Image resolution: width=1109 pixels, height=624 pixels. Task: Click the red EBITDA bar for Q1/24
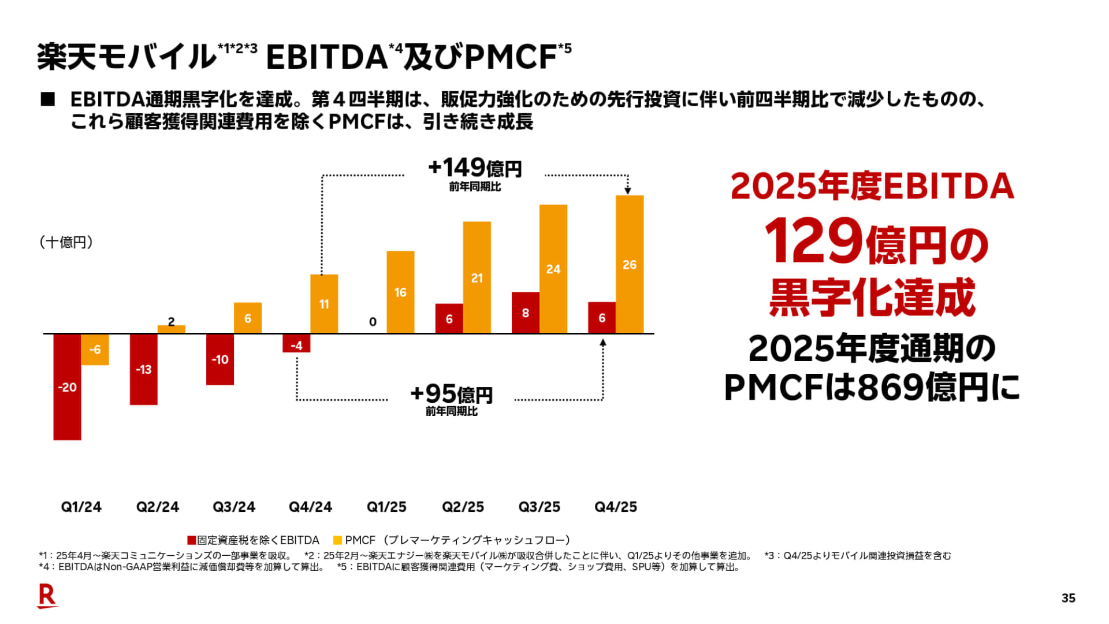pyautogui.click(x=67, y=387)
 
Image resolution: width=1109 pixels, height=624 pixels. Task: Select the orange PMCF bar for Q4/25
pyautogui.click(x=630, y=264)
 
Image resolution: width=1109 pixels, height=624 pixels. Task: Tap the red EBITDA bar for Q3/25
pyautogui.click(x=525, y=313)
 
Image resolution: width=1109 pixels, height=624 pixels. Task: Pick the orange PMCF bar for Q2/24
pyautogui.click(x=172, y=329)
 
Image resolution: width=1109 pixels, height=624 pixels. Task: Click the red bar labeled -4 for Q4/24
pyautogui.click(x=296, y=343)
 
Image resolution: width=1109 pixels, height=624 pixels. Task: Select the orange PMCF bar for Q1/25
pyautogui.click(x=400, y=292)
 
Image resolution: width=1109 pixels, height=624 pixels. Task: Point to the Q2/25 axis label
pyautogui.click(x=463, y=507)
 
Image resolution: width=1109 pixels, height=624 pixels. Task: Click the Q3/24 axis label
pyautogui.click(x=234, y=507)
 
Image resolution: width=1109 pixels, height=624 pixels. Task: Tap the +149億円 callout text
pyautogui.click(x=474, y=168)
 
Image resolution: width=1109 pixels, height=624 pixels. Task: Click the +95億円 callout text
pyautogui.click(x=451, y=394)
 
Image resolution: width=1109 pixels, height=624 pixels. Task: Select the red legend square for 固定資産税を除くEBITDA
pyautogui.click(x=192, y=540)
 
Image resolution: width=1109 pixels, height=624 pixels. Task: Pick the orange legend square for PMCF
pyautogui.click(x=338, y=540)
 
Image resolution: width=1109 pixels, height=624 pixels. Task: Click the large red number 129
pyautogui.click(x=813, y=241)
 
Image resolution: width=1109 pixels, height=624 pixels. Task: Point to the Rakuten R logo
pyautogui.click(x=47, y=596)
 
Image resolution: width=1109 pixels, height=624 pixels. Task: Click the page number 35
pyautogui.click(x=1068, y=598)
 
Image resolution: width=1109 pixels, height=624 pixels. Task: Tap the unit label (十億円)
pyautogui.click(x=66, y=242)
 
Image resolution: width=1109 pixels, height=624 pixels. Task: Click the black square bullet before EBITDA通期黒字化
pyautogui.click(x=48, y=99)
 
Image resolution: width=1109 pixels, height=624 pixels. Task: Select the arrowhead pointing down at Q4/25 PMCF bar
pyautogui.click(x=628, y=191)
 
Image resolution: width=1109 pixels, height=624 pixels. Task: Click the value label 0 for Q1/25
pyautogui.click(x=373, y=322)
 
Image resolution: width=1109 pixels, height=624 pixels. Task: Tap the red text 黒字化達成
pyautogui.click(x=872, y=297)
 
